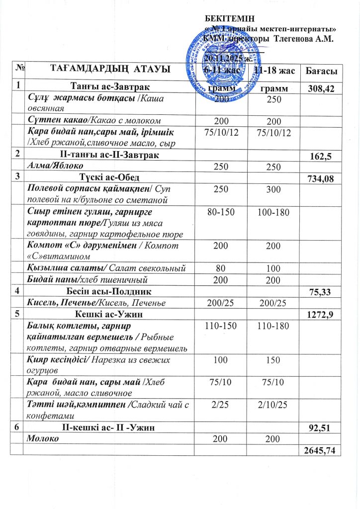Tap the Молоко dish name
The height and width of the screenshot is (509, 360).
pos(43,438)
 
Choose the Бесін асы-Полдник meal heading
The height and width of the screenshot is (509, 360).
pos(109,290)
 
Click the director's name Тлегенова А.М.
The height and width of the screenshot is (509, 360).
pos(304,38)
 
